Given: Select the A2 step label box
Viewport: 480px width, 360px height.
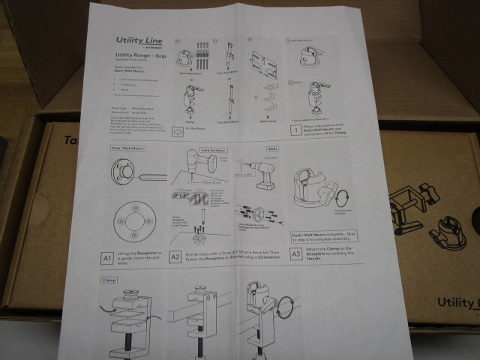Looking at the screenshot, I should (177, 257).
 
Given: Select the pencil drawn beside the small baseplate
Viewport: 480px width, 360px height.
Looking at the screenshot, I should (152, 178).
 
